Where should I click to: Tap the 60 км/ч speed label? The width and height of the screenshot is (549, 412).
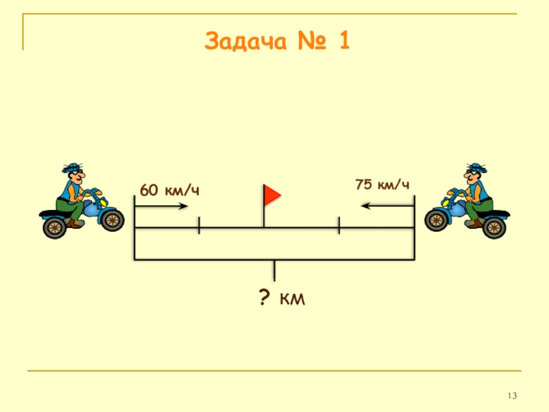(170, 190)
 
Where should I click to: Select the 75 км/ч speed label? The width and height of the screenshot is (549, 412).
(382, 185)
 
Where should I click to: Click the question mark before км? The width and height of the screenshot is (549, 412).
(263, 299)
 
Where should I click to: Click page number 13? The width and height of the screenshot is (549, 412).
(512, 396)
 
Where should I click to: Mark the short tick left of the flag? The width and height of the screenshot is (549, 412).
(198, 226)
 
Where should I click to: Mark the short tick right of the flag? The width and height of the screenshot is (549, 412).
(339, 225)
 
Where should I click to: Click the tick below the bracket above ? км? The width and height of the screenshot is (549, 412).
(274, 271)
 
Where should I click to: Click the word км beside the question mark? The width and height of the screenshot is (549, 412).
(292, 300)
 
